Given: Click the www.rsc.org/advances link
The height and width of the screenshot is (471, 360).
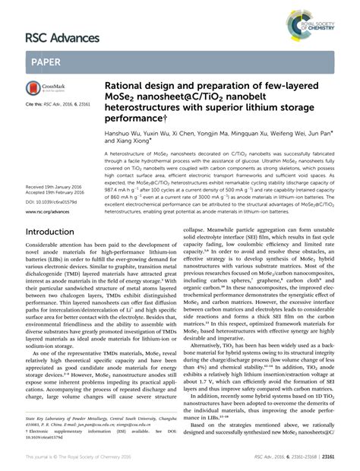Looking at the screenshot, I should coord(49,213).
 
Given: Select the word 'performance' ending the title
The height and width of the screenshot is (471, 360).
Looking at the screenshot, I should coord(133,117).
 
